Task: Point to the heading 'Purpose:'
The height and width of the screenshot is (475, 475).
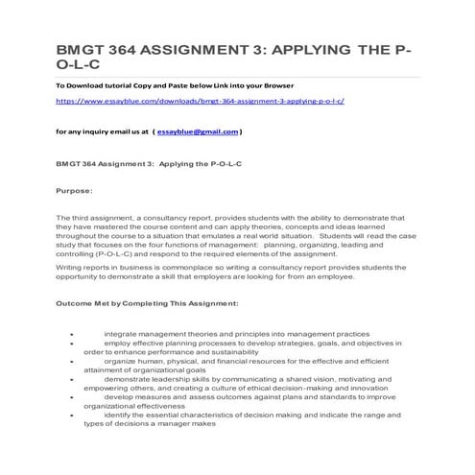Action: pyautogui.click(x=73, y=189)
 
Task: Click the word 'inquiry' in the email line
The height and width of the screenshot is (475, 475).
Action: pyautogui.click(x=88, y=131)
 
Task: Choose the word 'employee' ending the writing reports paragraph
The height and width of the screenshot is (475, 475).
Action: pyautogui.click(x=334, y=276)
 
